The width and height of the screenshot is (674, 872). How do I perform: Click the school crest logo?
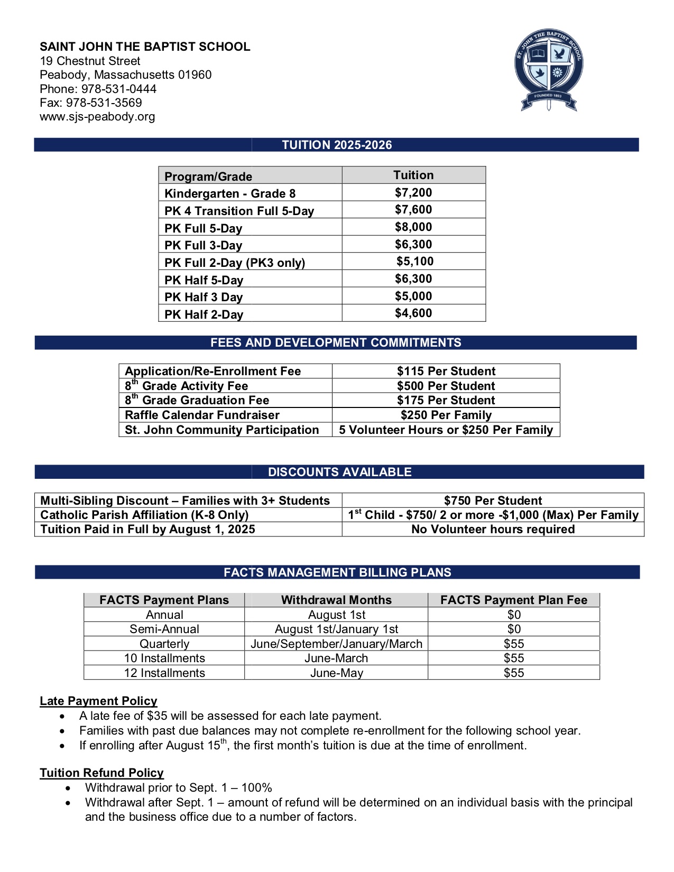[549, 70]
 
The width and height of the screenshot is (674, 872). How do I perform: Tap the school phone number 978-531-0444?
[118, 89]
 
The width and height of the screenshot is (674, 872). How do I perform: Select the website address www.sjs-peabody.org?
[97, 117]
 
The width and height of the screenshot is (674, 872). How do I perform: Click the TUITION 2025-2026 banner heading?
[337, 145]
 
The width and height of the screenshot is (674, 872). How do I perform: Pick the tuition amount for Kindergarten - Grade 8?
[413, 192]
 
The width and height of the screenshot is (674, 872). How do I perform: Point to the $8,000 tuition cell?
[413, 227]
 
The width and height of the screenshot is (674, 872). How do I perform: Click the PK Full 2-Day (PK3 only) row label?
[235, 263]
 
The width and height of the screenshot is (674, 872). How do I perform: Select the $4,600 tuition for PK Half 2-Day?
[413, 313]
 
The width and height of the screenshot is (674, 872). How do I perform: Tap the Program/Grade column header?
[208, 176]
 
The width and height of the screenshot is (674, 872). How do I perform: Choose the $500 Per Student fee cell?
[446, 386]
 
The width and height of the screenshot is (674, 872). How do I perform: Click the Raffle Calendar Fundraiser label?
[202, 415]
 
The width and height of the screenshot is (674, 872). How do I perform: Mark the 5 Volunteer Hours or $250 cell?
[446, 430]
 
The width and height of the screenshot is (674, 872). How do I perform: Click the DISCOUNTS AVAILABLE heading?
[339, 472]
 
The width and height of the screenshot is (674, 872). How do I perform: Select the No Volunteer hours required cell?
[493, 530]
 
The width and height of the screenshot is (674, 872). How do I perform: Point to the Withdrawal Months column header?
[336, 600]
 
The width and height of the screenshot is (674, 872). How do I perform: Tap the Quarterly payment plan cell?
[164, 644]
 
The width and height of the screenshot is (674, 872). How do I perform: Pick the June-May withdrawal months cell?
[336, 673]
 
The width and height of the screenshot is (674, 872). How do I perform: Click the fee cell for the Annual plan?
[514, 615]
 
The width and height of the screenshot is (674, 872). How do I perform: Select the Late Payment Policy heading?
[98, 701]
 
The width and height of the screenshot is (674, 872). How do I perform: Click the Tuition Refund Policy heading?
[101, 773]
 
